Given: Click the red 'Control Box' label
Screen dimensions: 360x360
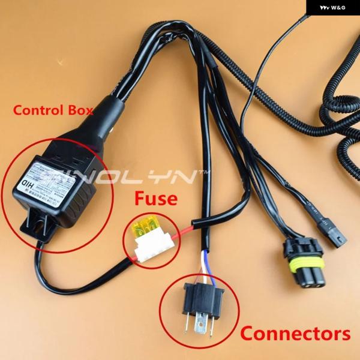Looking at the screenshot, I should point(53,110).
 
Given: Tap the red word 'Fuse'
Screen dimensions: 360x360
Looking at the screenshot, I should point(155,198).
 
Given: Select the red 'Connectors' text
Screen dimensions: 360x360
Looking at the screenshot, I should point(295,333).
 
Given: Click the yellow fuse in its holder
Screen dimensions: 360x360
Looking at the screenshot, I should point(145,229).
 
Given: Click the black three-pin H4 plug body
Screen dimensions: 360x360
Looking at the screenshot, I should point(202,294).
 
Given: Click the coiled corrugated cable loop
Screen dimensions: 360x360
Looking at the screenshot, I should point(336,120).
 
